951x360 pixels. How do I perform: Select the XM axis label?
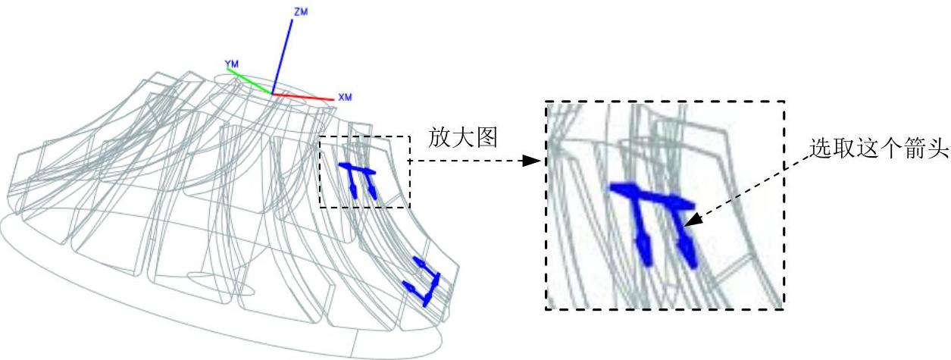(x=345, y=97)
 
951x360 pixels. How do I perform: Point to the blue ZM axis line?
(x=283, y=53)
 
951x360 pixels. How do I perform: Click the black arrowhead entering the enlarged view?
(x=537, y=161)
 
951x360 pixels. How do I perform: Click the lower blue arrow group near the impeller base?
(x=424, y=280)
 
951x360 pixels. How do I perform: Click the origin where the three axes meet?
(x=272, y=93)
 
